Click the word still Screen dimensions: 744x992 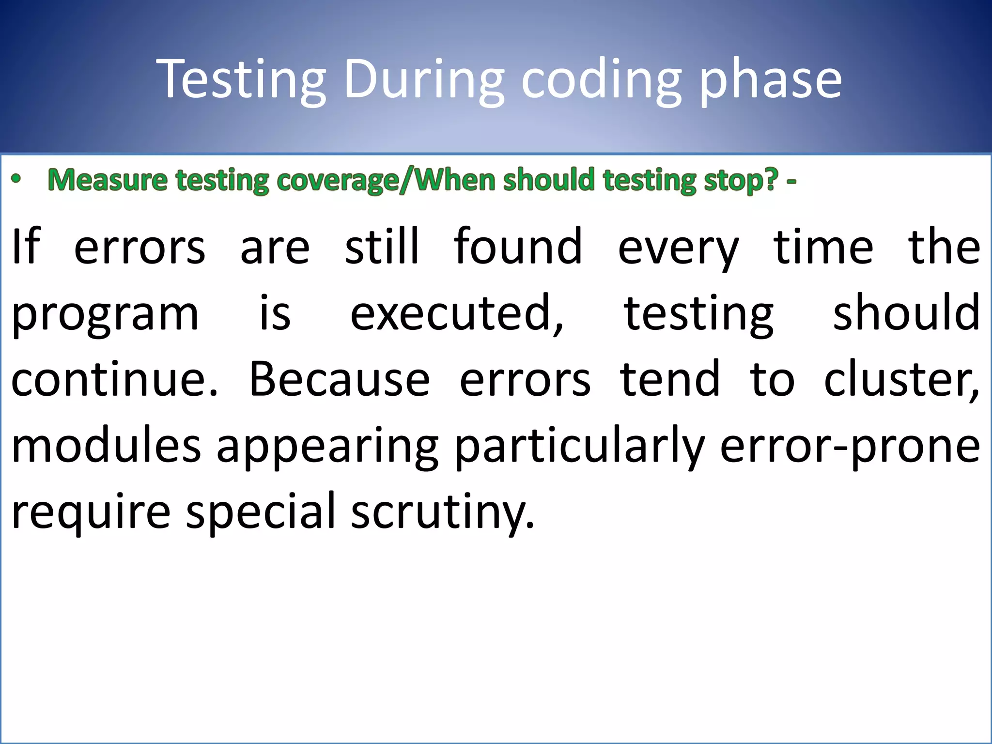[381, 247]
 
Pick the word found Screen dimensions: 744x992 [518, 247]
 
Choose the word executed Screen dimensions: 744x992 [456, 314]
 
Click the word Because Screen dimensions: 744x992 [339, 380]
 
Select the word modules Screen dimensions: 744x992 [106, 446]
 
